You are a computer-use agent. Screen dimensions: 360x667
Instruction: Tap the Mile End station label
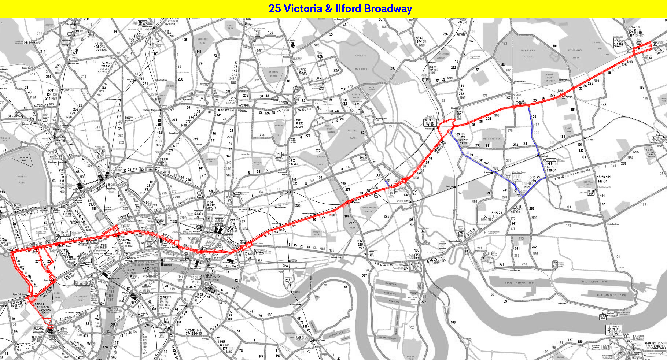(357, 202)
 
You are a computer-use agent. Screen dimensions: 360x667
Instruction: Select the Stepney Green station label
(308, 214)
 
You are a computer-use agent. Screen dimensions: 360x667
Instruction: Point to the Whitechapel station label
(277, 223)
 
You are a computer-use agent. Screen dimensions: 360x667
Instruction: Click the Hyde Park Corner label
(20, 294)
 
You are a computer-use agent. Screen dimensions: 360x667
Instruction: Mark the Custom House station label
(514, 270)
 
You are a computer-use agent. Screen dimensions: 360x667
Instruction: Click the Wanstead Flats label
(528, 53)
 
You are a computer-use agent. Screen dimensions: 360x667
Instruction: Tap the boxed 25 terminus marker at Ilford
(655, 44)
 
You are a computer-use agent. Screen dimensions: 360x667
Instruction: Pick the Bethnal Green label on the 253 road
(280, 207)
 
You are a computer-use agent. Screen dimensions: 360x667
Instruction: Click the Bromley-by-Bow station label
(403, 201)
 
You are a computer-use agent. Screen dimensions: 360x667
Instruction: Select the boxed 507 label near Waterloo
(129, 289)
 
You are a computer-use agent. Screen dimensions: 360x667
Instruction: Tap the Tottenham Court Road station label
(83, 244)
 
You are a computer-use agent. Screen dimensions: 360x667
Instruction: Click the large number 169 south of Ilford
(641, 87)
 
